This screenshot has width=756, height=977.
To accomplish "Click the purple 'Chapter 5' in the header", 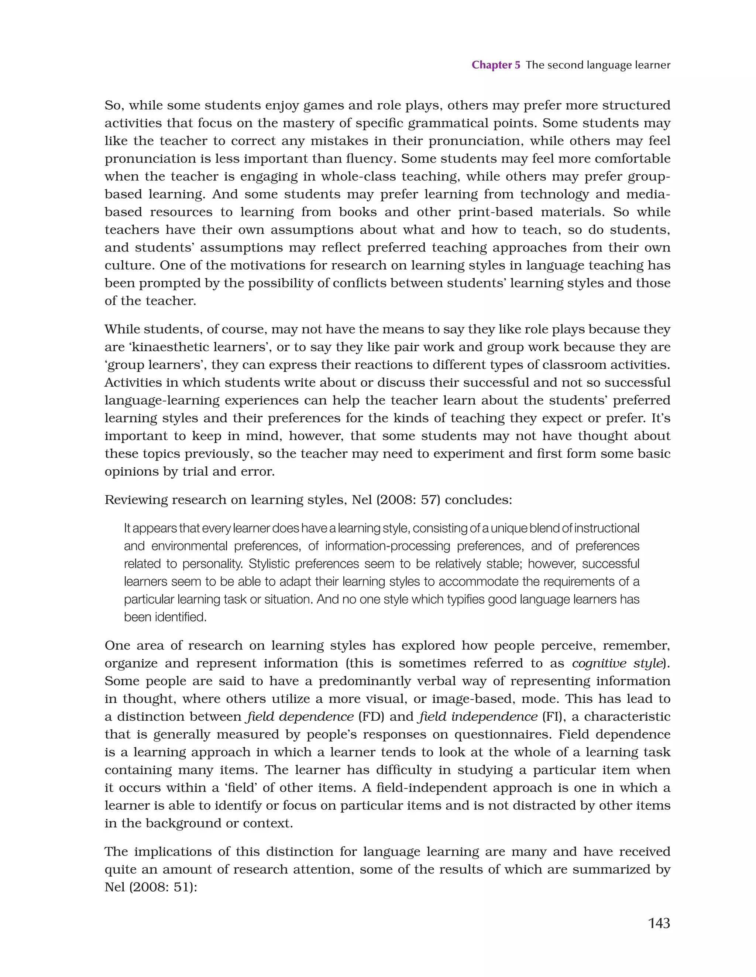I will (x=496, y=65).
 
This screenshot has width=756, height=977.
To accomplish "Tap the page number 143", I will (x=659, y=923).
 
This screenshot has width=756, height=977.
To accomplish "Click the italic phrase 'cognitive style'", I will (x=617, y=663).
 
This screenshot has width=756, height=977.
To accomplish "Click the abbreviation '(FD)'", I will (x=371, y=717).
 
